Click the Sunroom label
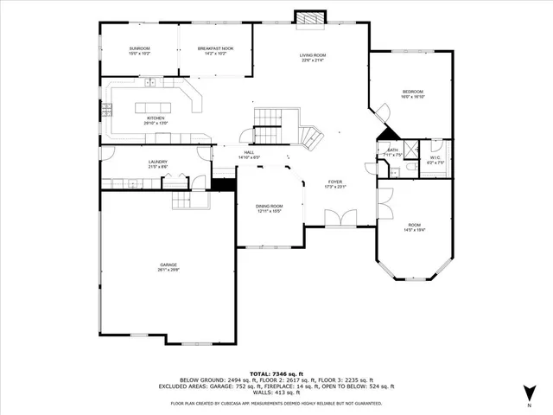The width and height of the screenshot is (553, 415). (x=139, y=48)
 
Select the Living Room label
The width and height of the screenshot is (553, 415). (x=314, y=55)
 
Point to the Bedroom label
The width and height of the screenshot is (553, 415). (x=412, y=92)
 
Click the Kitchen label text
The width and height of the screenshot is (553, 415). (x=156, y=118)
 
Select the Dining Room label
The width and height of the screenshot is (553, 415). (x=269, y=207)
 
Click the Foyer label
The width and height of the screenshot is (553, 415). (x=334, y=182)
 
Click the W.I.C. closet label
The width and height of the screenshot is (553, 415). (x=435, y=157)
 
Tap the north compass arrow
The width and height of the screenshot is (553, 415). (x=529, y=393)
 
